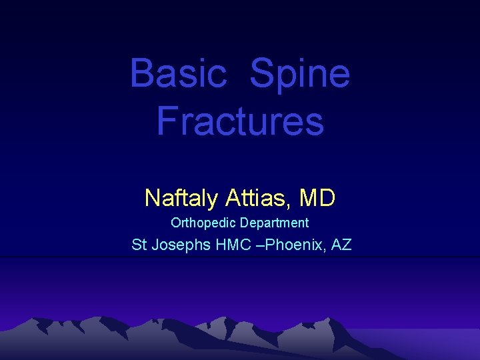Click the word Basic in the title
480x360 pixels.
(x=178, y=73)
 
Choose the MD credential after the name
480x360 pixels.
(x=318, y=197)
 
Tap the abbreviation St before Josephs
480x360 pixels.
(x=139, y=245)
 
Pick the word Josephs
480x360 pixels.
(x=181, y=245)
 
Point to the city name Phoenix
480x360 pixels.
(x=297, y=245)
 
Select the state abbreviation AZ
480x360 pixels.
(x=341, y=245)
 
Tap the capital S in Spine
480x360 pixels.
(x=262, y=73)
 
